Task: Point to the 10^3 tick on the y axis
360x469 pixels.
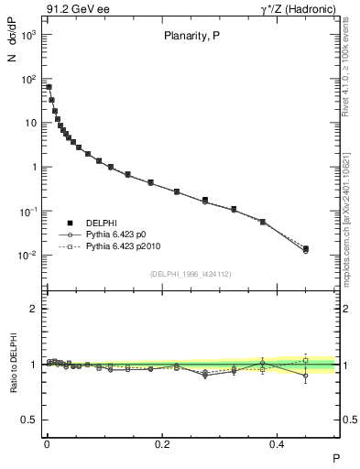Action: [28, 35]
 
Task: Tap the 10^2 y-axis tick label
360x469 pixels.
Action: [28, 79]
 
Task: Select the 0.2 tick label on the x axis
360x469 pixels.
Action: [163, 442]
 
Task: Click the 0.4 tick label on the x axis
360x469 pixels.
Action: [279, 442]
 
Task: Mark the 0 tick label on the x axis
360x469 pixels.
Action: [47, 442]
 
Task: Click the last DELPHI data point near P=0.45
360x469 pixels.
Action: [306, 248]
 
